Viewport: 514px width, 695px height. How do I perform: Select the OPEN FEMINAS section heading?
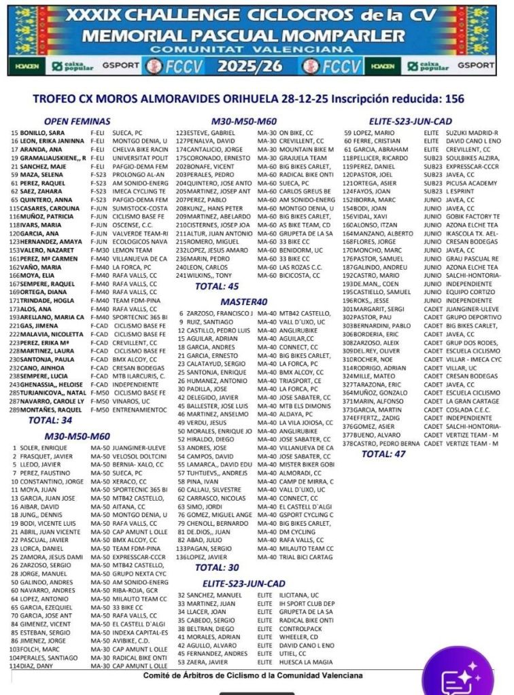coord(77,121)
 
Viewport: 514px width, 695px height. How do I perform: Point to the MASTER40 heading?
coord(243,302)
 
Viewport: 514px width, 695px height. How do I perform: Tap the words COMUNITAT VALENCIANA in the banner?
coord(256,50)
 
